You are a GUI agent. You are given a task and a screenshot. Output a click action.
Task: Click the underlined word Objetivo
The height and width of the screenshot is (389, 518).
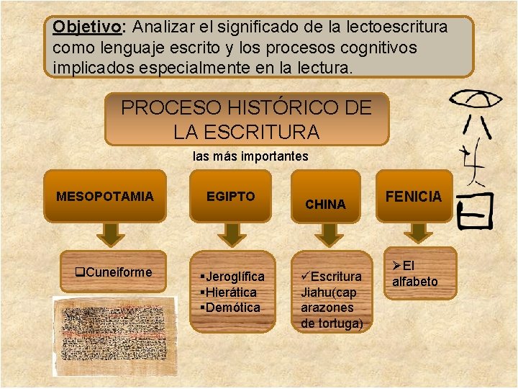pyautogui.click(x=86, y=27)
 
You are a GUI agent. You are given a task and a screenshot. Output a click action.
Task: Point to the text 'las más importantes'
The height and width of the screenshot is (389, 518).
pyautogui.click(x=250, y=156)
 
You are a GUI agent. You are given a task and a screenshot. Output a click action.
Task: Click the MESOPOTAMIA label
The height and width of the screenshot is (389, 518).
pyautogui.click(x=105, y=196)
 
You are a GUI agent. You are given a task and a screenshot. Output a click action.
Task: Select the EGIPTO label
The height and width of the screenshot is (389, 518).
pyautogui.click(x=230, y=196)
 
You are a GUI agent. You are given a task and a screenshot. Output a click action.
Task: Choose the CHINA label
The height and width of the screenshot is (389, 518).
pyautogui.click(x=325, y=204)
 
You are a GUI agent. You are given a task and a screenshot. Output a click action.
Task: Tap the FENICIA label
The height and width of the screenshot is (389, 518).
pyautogui.click(x=414, y=196)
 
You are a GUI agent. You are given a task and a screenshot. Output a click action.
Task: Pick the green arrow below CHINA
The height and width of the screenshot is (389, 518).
pyautogui.click(x=327, y=234)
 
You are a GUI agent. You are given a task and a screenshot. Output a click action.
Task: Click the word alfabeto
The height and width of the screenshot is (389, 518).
pyautogui.click(x=414, y=282)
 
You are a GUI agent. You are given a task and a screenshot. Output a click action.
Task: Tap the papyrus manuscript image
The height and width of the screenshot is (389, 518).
pyautogui.click(x=115, y=336)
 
